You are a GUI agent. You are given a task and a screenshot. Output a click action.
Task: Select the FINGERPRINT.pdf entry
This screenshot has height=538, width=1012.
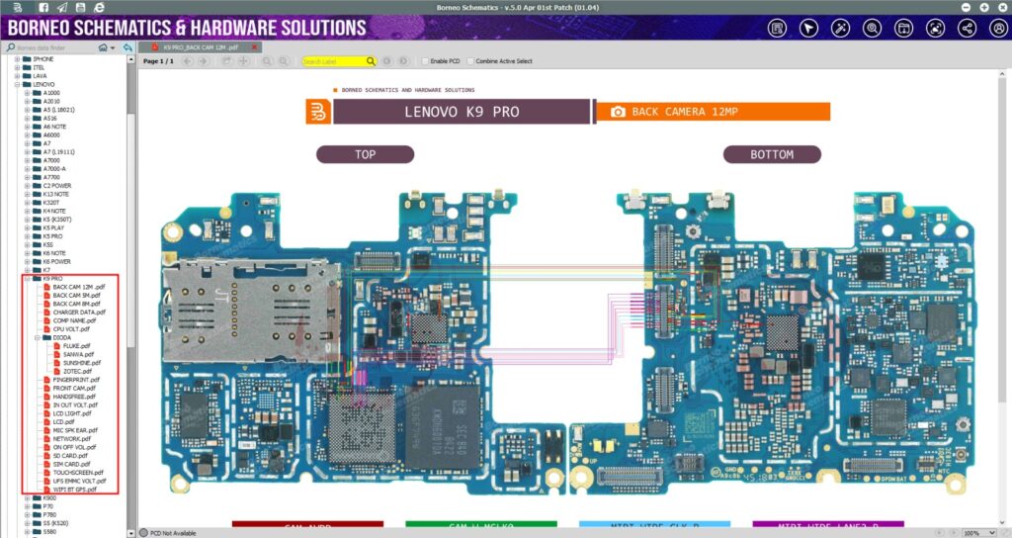(75, 379)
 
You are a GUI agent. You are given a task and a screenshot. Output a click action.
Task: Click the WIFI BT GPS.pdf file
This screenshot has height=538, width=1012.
(75, 489)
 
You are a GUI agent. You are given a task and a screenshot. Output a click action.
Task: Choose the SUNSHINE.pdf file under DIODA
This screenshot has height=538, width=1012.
(82, 362)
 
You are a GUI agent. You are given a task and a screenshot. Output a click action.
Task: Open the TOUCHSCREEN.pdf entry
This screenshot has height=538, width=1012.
(78, 472)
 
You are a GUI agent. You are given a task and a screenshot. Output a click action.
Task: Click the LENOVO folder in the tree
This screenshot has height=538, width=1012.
(43, 84)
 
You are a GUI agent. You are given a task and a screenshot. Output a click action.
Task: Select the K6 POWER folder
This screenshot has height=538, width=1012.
(56, 261)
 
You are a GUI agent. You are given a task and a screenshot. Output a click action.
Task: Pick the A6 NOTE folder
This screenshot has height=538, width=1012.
(54, 127)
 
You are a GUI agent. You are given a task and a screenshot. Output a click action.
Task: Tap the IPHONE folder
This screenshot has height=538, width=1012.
(43, 58)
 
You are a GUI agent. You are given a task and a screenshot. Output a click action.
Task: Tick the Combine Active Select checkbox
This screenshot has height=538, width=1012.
(470, 61)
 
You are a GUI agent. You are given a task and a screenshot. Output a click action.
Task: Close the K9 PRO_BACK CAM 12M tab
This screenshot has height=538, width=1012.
(257, 46)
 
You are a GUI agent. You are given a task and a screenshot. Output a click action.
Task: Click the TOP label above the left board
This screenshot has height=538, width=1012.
(365, 154)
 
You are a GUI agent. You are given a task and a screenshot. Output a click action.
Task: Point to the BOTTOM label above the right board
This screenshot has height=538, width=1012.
(771, 154)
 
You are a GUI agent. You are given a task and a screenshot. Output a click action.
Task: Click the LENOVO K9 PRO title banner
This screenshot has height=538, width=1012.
(461, 112)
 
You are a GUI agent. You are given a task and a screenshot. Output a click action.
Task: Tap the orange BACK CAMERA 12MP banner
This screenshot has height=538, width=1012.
(712, 112)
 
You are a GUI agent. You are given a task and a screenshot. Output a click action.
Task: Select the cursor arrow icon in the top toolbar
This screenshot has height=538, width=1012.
(808, 28)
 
